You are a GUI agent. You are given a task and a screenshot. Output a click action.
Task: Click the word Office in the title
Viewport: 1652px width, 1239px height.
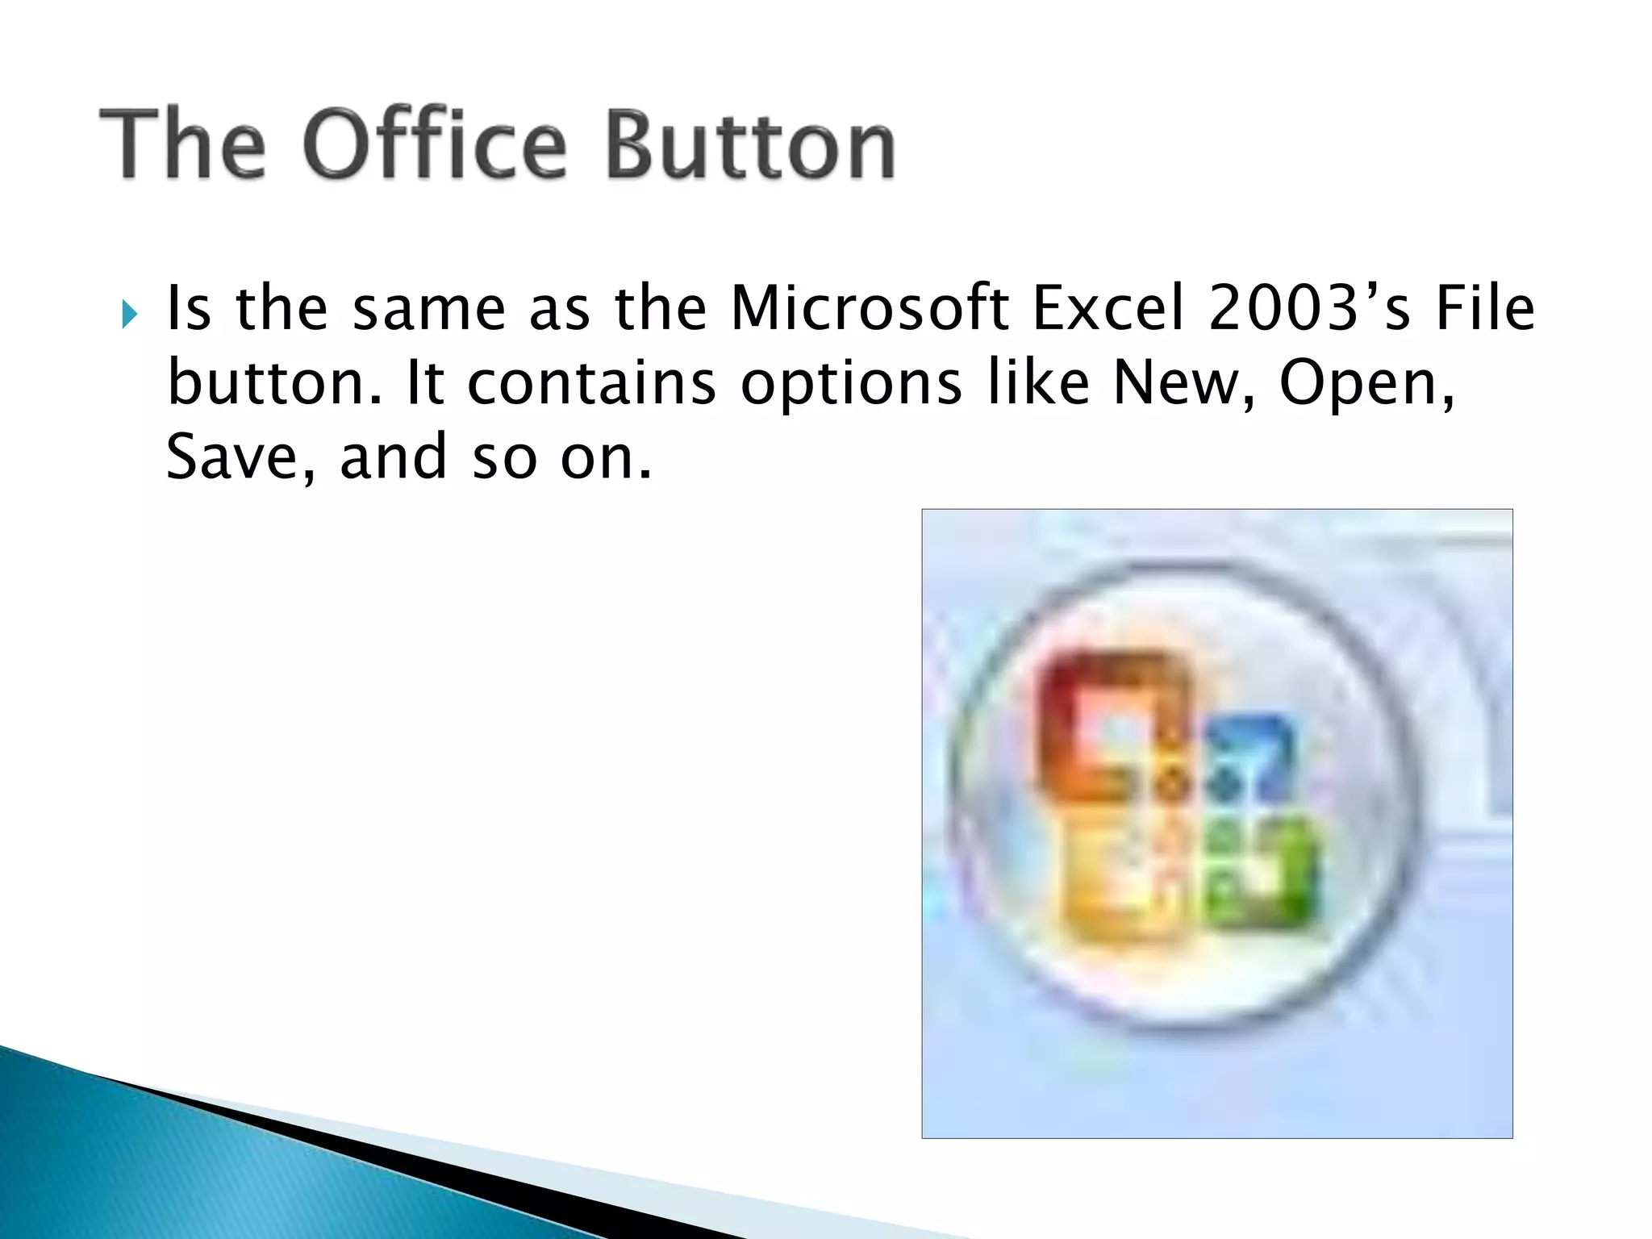(x=435, y=146)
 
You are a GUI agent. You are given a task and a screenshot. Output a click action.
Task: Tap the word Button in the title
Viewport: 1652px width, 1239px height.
(x=750, y=146)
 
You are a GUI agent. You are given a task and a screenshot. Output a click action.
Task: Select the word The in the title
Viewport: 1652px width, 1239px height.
(x=182, y=146)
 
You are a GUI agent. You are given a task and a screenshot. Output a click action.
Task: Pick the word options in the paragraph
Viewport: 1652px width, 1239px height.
(x=851, y=386)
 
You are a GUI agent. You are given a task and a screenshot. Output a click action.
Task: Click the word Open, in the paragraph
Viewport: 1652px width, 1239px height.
(x=1368, y=386)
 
